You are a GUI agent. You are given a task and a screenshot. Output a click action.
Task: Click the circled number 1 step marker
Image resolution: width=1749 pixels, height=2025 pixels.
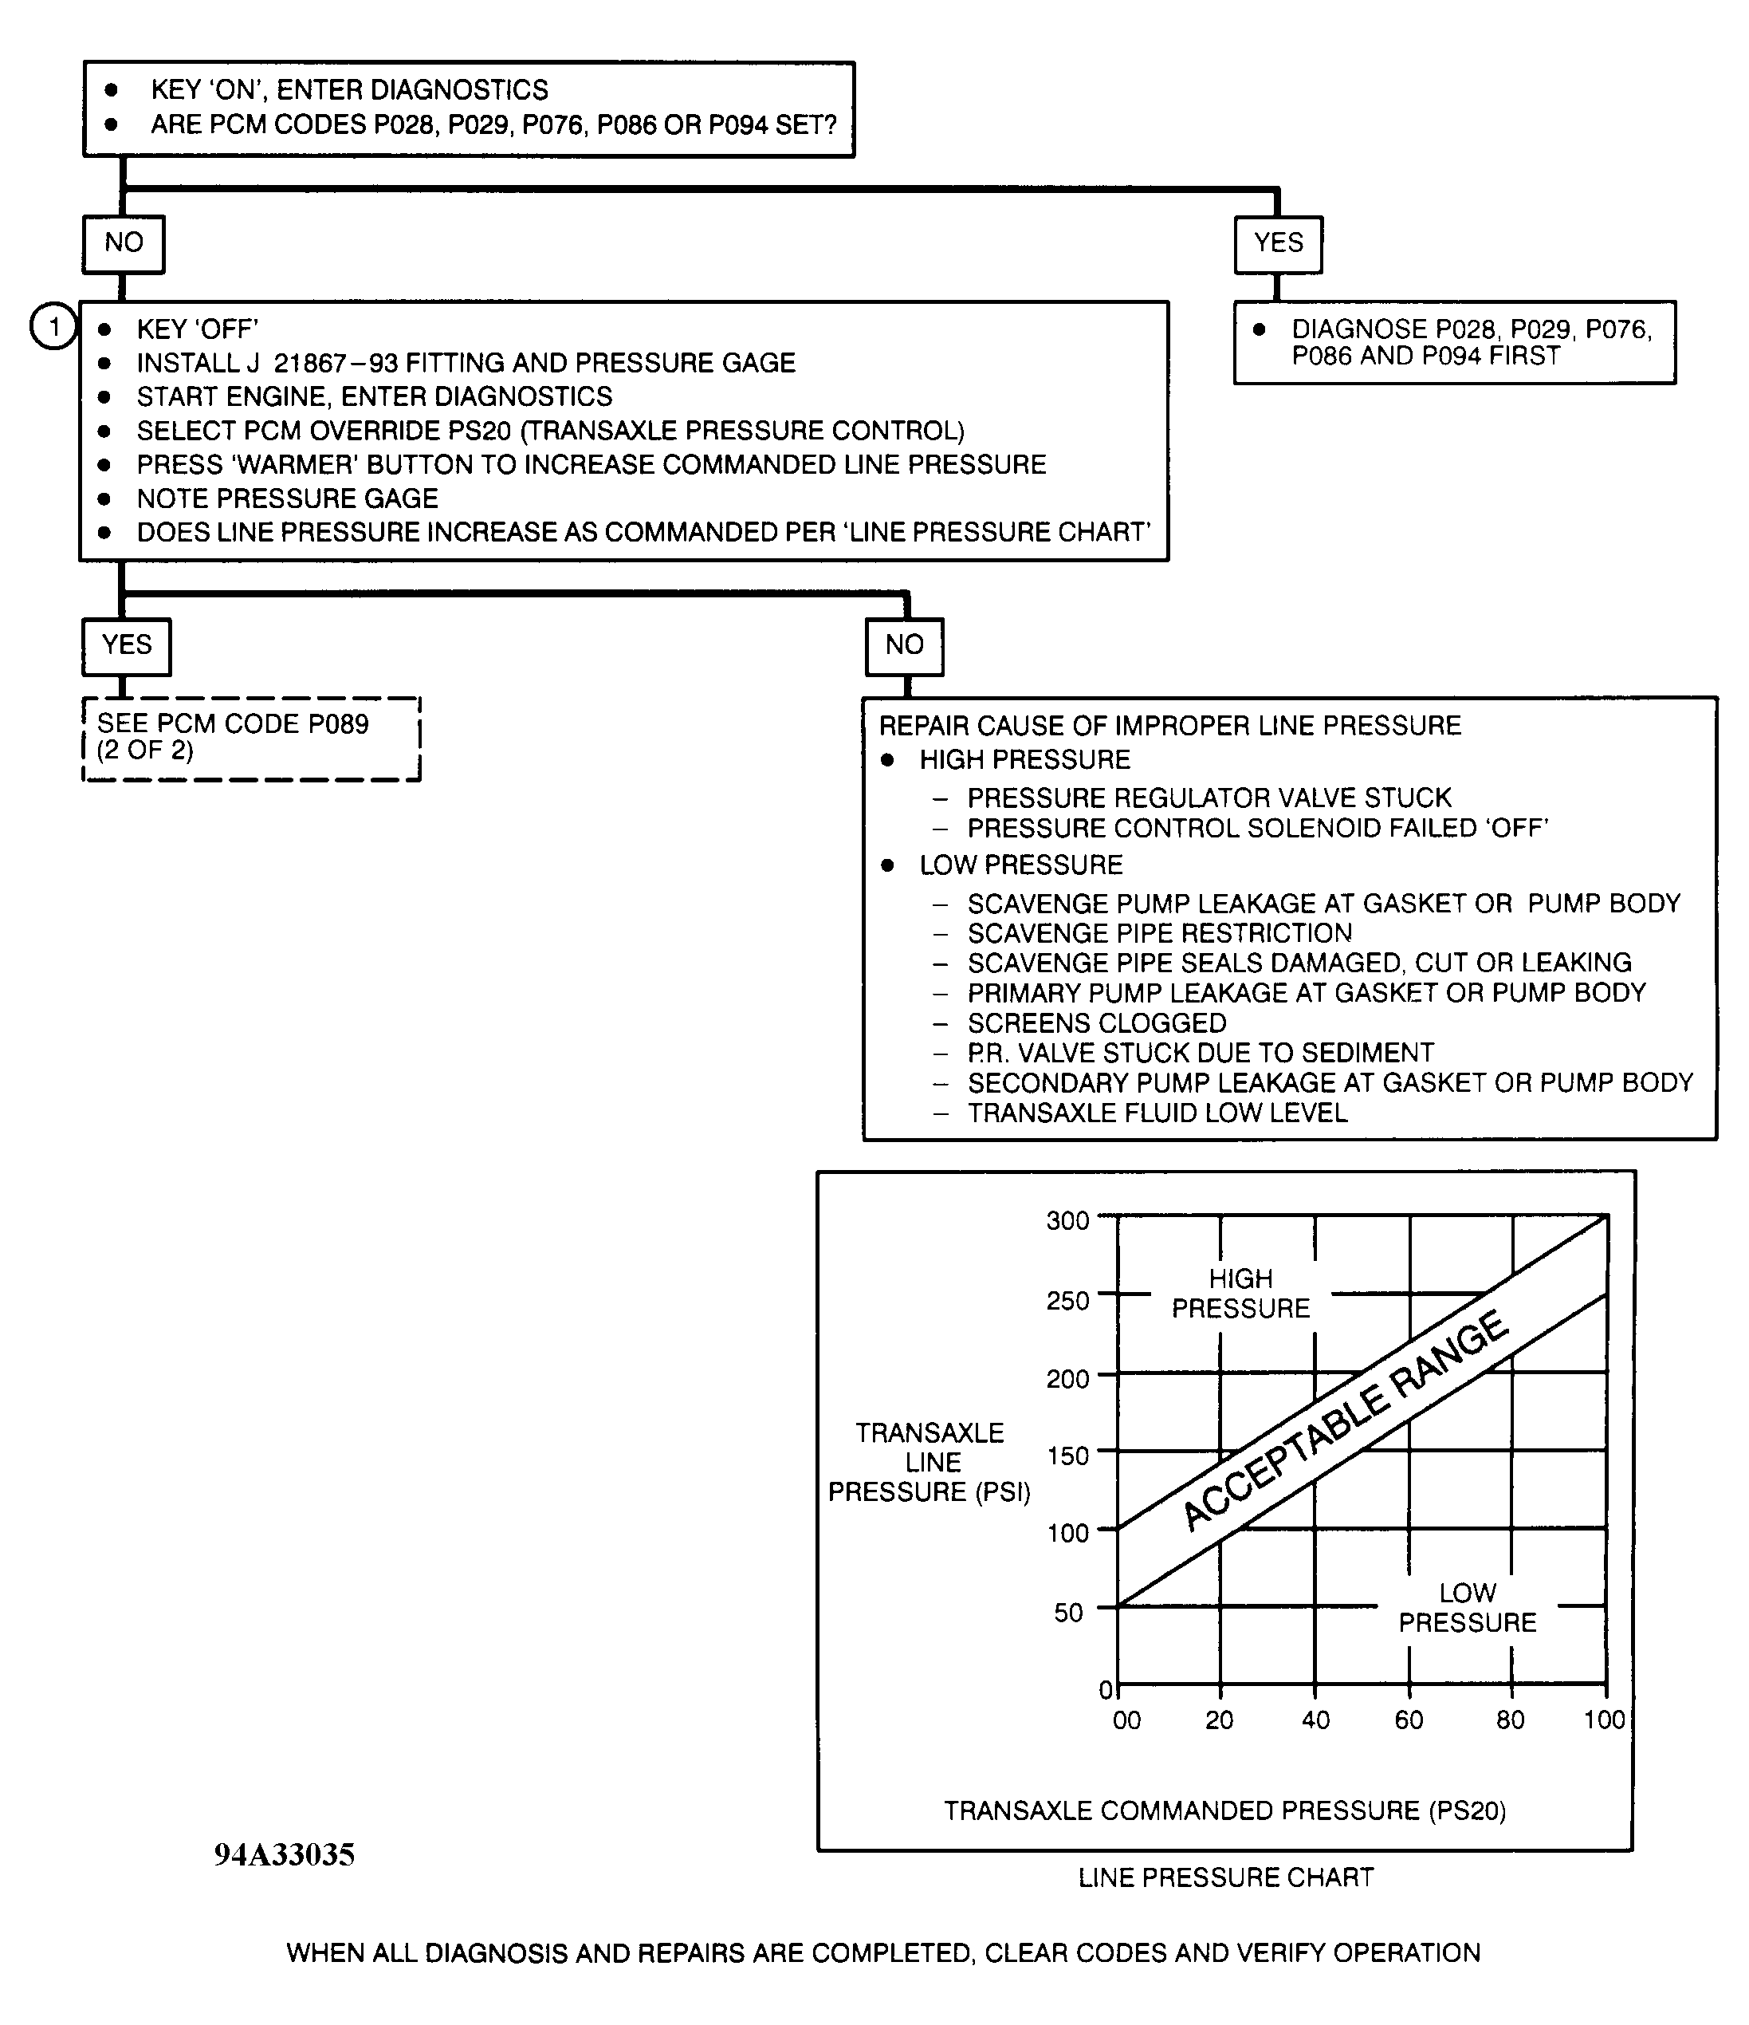[53, 325]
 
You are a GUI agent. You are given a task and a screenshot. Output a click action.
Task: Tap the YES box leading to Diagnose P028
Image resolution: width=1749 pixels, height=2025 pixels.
[1278, 243]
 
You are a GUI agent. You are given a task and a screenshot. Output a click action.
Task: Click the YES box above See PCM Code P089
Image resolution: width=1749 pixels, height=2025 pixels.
[127, 645]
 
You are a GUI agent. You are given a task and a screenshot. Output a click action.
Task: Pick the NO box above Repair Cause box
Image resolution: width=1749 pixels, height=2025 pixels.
[905, 645]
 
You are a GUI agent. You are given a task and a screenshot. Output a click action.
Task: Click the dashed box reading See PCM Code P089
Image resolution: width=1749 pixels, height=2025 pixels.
[251, 738]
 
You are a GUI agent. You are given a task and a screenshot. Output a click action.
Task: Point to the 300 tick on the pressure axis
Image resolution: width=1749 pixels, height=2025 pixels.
[1068, 1221]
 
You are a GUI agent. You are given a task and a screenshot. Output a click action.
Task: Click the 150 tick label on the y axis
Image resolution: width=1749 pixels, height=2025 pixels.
[1068, 1456]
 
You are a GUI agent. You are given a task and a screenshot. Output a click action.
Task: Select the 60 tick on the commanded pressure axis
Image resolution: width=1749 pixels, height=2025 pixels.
[1409, 1720]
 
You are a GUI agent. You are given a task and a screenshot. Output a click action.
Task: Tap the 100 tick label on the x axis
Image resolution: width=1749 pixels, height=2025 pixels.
[1603, 1720]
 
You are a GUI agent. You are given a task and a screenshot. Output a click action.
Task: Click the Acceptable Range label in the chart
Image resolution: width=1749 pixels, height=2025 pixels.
[1346, 1419]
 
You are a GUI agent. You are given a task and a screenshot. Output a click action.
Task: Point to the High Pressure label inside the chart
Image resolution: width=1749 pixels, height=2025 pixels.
[1241, 1293]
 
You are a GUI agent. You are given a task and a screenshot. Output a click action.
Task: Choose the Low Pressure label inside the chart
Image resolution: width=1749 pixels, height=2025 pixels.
[1467, 1608]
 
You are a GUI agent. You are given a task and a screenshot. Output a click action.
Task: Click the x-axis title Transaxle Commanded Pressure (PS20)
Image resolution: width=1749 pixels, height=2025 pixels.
[1224, 1811]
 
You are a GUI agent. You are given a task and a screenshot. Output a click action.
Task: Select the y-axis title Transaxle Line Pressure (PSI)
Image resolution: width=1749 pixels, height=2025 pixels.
[930, 1462]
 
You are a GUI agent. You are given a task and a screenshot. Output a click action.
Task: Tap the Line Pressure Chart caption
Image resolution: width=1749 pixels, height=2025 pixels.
[1226, 1877]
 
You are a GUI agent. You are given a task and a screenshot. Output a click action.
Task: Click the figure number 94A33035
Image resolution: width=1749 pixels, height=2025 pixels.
[285, 1855]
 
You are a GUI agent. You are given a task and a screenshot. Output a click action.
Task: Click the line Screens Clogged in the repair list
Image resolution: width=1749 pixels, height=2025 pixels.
[1096, 1023]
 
